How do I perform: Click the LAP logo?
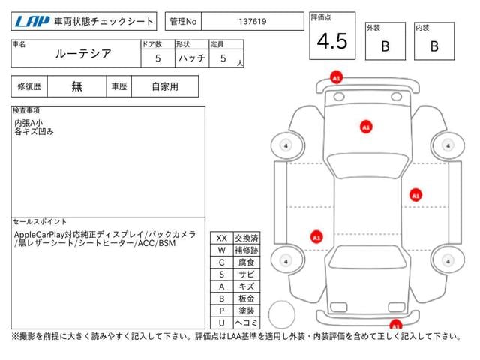(x=30, y=22)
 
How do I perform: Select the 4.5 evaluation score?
(x=332, y=42)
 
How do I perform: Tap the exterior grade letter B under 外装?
(x=385, y=46)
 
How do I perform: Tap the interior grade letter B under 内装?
(x=433, y=46)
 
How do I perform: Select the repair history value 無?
(x=77, y=86)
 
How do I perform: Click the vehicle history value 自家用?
(x=165, y=86)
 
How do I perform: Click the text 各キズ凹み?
(x=34, y=131)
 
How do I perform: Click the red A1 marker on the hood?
(x=366, y=127)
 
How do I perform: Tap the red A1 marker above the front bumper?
(x=336, y=77)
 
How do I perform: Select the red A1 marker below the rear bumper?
(x=394, y=325)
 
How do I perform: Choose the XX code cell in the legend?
(x=221, y=238)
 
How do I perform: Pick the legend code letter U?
(x=221, y=322)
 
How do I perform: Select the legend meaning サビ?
(x=247, y=274)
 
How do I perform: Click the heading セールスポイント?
(x=40, y=222)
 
